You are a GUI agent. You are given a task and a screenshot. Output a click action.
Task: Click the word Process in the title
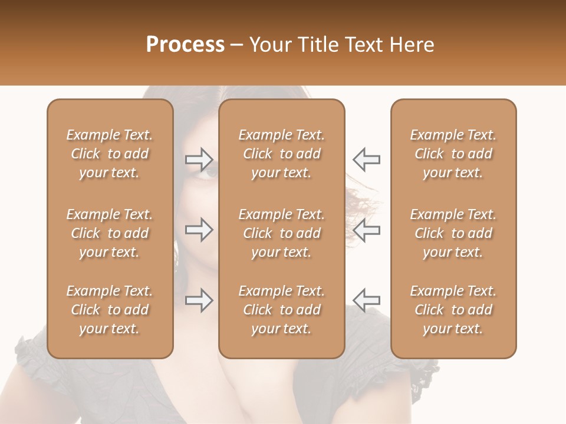185,45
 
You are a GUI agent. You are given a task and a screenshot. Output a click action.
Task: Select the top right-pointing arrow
199,158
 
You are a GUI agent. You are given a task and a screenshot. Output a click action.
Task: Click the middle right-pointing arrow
199,230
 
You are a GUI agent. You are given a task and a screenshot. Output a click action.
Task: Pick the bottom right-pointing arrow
199,300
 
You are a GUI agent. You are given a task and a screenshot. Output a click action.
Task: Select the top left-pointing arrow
366,159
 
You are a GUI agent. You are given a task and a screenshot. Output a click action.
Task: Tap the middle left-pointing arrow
366,230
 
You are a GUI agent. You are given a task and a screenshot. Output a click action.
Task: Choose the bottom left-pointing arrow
366,300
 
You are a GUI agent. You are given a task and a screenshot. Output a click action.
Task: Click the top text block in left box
110,154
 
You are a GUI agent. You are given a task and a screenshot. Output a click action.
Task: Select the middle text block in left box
110,233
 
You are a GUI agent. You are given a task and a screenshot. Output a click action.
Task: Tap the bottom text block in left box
110,310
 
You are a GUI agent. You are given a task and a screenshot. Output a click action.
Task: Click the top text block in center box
282,154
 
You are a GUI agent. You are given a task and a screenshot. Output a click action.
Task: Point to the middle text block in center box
282,233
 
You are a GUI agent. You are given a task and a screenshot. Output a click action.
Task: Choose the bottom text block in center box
282,310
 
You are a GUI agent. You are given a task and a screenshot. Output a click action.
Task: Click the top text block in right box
453,154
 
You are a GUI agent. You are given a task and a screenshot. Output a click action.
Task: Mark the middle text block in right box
453,233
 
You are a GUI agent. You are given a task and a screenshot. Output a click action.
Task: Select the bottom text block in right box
453,310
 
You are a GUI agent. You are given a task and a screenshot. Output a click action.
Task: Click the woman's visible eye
209,173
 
